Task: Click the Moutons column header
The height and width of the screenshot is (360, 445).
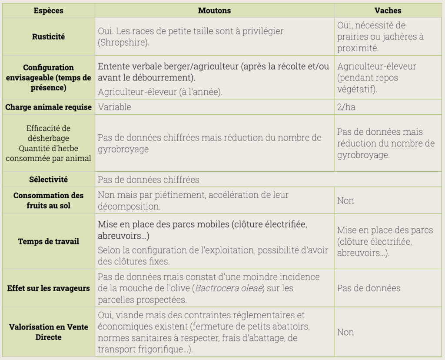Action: coord(214,10)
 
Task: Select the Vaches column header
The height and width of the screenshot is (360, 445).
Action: coord(388,10)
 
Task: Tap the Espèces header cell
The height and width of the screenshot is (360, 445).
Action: coord(48,10)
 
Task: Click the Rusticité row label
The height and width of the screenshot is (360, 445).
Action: coord(48,37)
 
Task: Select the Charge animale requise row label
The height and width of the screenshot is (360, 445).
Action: coord(48,107)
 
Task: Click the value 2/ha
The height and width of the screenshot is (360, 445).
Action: coord(346,107)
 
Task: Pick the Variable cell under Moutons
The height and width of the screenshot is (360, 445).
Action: coord(114,107)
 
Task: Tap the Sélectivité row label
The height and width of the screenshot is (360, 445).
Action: coord(48,180)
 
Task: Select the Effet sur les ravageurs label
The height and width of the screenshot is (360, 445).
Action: coord(48,288)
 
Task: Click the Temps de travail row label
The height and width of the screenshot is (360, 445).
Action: coord(48,241)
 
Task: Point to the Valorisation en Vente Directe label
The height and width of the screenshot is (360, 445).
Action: coord(48,332)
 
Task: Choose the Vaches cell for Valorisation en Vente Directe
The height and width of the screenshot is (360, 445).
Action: coord(345,332)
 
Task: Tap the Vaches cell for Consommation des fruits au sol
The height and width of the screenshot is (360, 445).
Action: coord(345,200)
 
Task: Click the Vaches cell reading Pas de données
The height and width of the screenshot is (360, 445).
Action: coord(369,288)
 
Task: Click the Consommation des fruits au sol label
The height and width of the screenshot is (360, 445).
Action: coord(48,200)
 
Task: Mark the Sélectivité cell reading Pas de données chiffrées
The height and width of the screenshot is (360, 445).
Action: coord(148,180)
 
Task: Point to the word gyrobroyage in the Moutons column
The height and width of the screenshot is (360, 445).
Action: coord(123,149)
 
